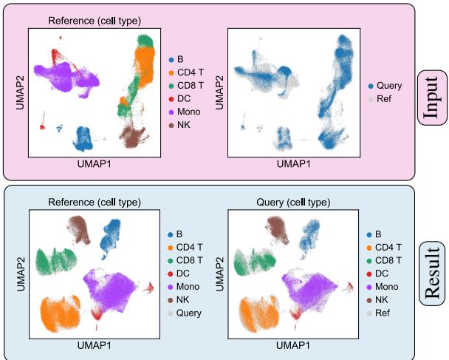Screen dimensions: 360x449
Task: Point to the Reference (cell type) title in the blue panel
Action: pyautogui.click(x=93, y=203)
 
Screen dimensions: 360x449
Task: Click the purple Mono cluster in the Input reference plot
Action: pyautogui.click(x=63, y=78)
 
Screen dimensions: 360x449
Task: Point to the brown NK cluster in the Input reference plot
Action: pyautogui.click(x=134, y=136)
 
